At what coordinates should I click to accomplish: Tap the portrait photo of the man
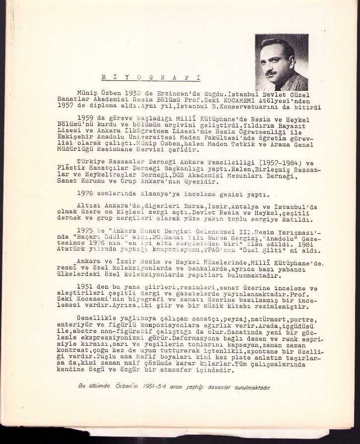281,62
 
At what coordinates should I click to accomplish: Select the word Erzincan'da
179,93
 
